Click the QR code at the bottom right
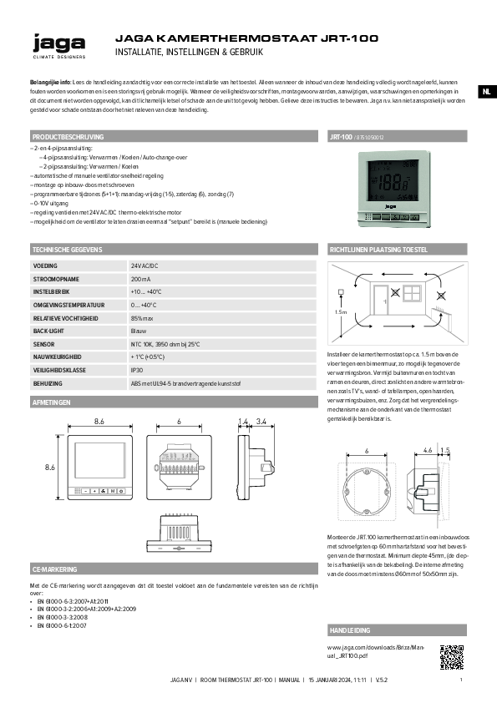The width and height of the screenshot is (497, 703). [451, 655]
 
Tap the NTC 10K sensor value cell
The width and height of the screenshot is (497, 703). [165, 344]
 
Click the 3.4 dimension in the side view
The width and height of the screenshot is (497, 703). [262, 422]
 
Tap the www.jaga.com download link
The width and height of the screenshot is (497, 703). [376, 651]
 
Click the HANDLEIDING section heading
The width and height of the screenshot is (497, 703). [349, 630]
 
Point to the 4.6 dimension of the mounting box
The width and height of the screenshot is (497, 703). [428, 450]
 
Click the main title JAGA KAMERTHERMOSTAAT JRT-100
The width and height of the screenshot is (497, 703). [246, 38]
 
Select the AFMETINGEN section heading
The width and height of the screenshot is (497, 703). [51, 402]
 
